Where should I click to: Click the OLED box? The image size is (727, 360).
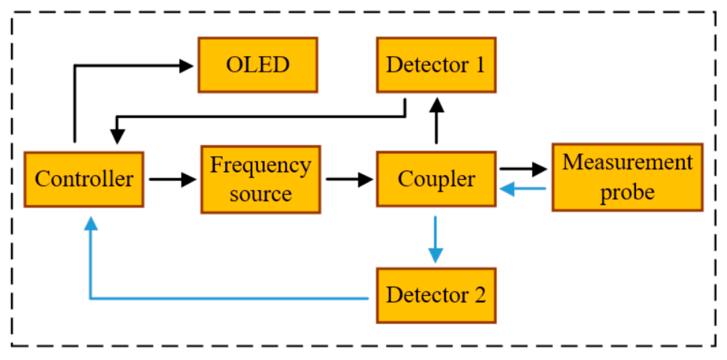pos(257,65)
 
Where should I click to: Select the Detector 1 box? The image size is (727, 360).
pos(436,65)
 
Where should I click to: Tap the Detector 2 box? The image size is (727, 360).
pos(436,296)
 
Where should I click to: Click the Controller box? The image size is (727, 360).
pos(84,179)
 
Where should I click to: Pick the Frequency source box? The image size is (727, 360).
pos(260,179)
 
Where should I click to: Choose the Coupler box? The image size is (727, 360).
pos(436,179)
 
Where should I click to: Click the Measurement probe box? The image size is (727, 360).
pos(627,177)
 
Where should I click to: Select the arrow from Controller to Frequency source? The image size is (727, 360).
pos(172,179)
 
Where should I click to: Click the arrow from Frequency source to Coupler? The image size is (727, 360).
pos(348,179)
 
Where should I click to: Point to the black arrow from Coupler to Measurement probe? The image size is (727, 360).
pos(523,169)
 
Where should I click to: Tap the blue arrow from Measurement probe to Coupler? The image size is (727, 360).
pos(523,189)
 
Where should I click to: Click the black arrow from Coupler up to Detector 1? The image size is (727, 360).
pos(436,120)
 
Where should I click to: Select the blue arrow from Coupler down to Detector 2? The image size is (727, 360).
pos(435,239)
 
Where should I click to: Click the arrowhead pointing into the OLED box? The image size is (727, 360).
pos(186,66)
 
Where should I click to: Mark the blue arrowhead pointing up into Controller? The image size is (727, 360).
pos(91,224)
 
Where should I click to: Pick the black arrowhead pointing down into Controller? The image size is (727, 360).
pos(117,136)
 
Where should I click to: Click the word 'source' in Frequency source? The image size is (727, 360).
pos(261,194)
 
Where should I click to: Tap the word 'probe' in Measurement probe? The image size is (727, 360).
pos(627,192)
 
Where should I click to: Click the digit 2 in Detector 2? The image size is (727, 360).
pos(479,295)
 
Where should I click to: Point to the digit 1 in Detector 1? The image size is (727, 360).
pos(480,65)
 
